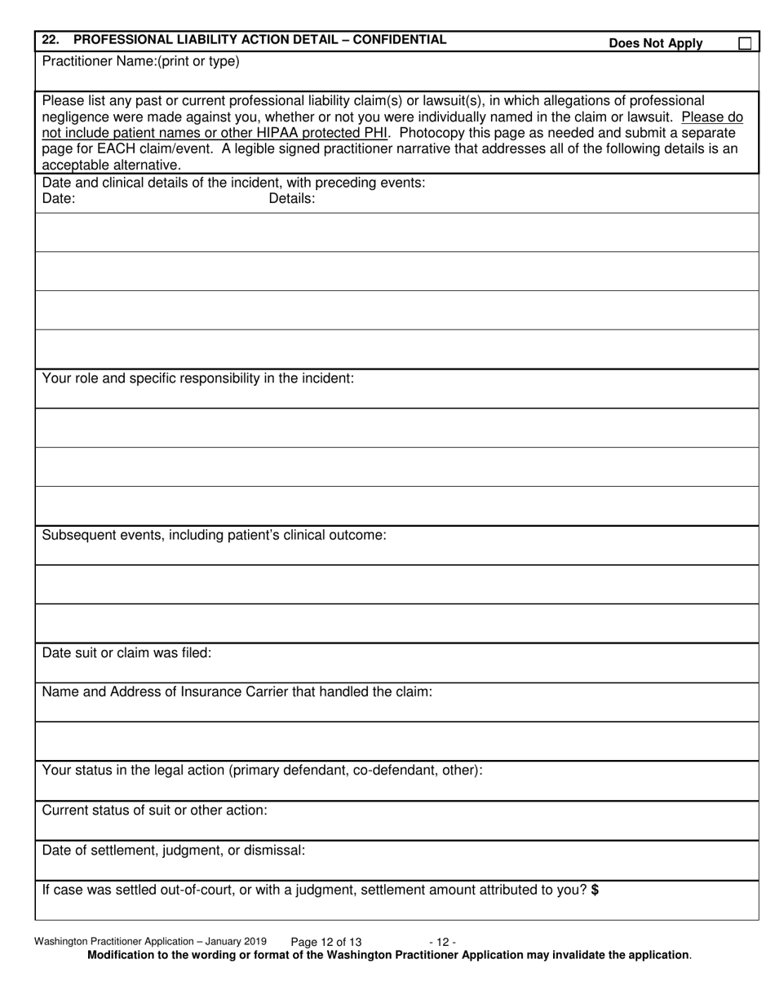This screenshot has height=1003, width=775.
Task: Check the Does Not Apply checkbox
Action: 745,44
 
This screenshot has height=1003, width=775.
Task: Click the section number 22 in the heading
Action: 50,39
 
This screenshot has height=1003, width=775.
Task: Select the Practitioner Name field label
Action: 140,61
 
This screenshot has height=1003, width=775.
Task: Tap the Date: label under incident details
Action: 59,198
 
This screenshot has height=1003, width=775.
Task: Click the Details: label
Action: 292,198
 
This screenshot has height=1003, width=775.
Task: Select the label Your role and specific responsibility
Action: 197,378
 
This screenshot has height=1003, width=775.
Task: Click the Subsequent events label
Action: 214,535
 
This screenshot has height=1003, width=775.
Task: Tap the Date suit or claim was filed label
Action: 126,652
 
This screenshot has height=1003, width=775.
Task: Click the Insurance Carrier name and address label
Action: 237,691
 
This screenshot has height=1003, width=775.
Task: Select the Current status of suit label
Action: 154,810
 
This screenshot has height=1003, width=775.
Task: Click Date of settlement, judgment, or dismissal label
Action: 173,850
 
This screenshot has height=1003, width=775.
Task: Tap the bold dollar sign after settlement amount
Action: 596,890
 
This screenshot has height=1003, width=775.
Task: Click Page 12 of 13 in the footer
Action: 325,942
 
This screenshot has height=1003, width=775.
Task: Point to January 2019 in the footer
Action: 233,941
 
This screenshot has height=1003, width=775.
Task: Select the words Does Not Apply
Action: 655,44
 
